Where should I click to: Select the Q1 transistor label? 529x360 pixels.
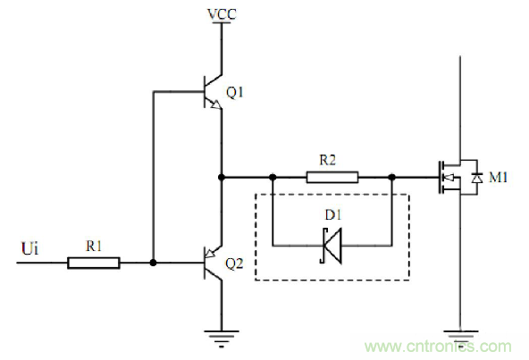235,92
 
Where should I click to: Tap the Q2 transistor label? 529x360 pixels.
233,264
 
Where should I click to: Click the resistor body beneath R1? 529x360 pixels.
94,263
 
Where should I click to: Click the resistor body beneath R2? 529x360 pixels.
333,177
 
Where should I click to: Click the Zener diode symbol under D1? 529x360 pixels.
332,244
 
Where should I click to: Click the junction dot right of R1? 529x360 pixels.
154,263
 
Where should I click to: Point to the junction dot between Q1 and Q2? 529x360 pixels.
220,177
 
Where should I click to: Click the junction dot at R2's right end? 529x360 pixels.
392,177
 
